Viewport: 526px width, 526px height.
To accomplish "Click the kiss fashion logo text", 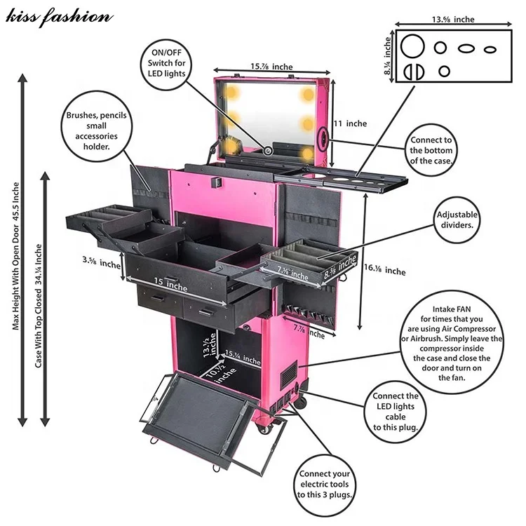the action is click(x=58, y=15).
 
